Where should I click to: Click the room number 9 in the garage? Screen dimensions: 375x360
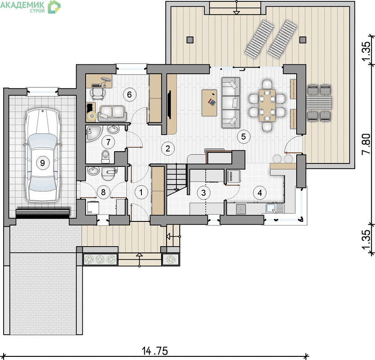pyautogui.click(x=42, y=163)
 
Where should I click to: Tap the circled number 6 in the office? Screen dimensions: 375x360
pyautogui.click(x=129, y=94)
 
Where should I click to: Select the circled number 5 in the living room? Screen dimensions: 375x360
pyautogui.click(x=244, y=137)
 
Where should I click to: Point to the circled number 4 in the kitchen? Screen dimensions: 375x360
pyautogui.click(x=260, y=193)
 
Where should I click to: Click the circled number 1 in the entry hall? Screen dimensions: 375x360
pyautogui.click(x=141, y=192)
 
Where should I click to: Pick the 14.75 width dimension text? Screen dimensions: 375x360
pyautogui.click(x=155, y=351)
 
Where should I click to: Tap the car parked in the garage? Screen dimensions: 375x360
pyautogui.click(x=43, y=155)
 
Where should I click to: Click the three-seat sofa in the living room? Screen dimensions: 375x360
pyautogui.click(x=231, y=103)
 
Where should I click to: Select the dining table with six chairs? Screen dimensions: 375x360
pyautogui.click(x=267, y=105)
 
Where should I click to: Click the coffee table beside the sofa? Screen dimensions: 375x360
pyautogui.click(x=209, y=103)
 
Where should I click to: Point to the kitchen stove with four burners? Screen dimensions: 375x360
pyautogui.click(x=241, y=209)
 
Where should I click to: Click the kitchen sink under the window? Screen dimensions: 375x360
pyautogui.click(x=275, y=208)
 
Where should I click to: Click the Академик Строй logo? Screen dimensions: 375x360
pyautogui.click(x=30, y=7)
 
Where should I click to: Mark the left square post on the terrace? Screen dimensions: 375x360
pyautogui.click(x=190, y=40)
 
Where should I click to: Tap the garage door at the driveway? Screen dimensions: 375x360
pyautogui.click(x=43, y=213)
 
